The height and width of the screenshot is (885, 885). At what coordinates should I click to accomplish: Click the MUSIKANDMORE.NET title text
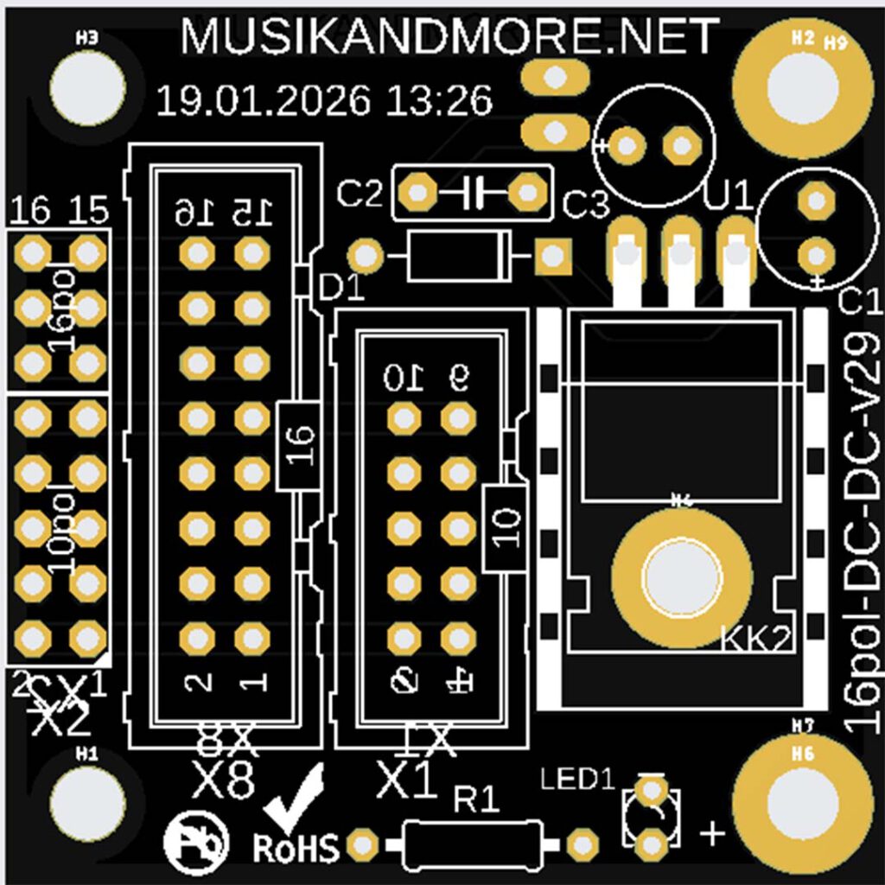point(449,36)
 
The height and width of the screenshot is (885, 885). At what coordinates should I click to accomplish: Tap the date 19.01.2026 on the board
point(264,101)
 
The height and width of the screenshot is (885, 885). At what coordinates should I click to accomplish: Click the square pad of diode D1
point(551,256)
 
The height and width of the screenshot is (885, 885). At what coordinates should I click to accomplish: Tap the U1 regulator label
point(729,197)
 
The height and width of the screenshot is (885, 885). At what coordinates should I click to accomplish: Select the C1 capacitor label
point(860,303)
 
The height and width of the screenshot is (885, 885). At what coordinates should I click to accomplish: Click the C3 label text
point(586,206)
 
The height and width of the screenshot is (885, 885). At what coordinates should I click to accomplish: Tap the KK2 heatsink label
point(755,639)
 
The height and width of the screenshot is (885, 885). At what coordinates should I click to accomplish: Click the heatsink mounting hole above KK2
point(681,576)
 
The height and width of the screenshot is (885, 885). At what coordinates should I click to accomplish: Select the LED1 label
point(576,778)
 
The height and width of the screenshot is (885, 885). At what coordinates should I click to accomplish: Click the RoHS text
point(296,847)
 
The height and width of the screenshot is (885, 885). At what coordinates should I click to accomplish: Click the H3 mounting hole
point(87,86)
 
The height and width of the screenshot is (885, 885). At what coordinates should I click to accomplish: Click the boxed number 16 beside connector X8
point(298,445)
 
